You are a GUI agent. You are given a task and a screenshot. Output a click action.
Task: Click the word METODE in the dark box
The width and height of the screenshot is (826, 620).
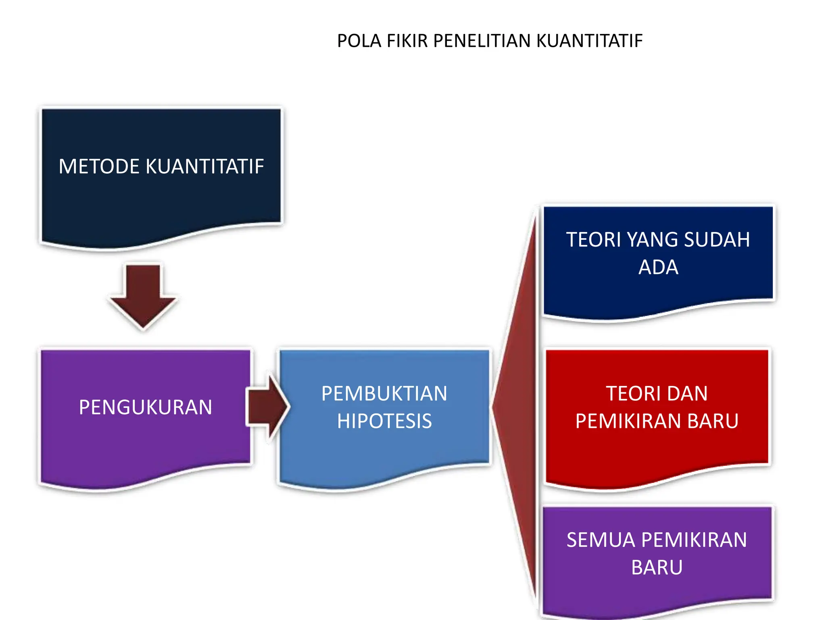99,166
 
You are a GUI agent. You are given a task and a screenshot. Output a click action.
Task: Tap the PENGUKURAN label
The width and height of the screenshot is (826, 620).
145,407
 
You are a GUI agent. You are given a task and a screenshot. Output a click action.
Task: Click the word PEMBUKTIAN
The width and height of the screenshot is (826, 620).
384,394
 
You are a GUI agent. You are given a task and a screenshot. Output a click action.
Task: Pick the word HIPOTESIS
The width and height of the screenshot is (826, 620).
384,421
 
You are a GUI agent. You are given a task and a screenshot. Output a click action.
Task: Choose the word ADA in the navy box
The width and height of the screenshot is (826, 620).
658,267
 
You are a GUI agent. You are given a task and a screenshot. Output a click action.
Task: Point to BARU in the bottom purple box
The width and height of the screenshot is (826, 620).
657,568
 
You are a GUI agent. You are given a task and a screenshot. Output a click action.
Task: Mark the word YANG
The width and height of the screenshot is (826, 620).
653,240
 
